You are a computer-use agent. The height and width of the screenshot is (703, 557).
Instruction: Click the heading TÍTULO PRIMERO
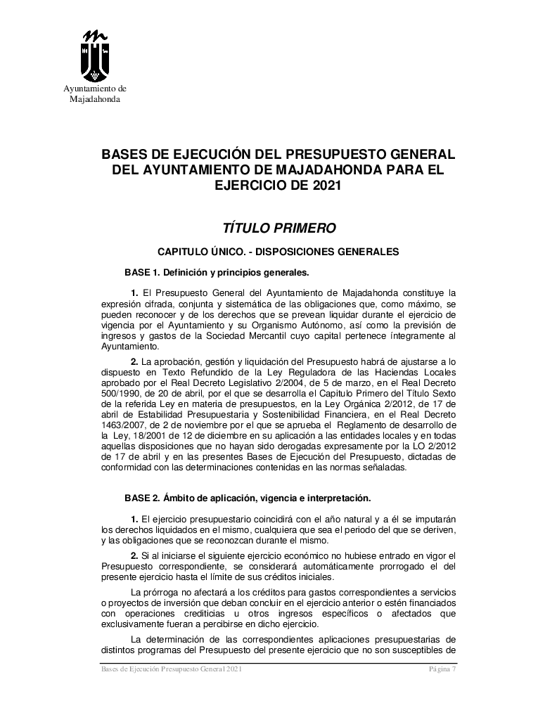pos(279,228)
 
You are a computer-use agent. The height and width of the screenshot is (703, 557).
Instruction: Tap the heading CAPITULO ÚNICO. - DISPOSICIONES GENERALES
pos(278,251)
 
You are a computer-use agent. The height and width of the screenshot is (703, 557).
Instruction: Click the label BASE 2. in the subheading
pos(143,498)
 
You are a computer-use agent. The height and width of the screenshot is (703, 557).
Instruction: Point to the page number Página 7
pos(443,670)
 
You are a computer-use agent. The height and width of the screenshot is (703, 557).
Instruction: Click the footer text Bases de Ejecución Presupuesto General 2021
pos(172,670)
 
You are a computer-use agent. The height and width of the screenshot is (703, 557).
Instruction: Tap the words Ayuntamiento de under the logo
pos(95,89)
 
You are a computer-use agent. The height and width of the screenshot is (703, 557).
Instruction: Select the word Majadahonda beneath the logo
pos(95,99)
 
